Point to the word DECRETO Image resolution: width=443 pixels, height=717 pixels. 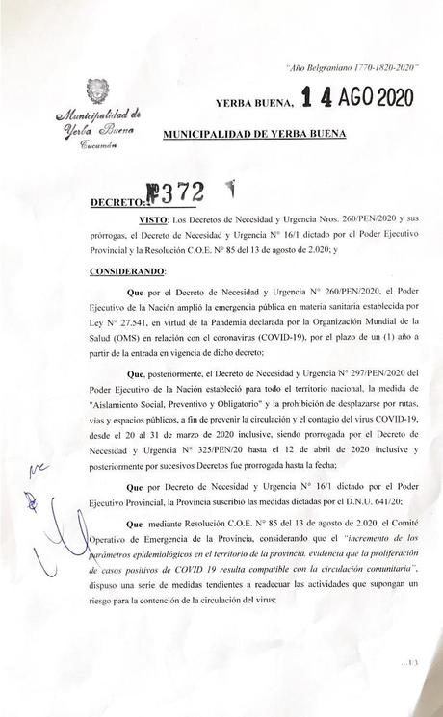(x=115, y=202)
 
